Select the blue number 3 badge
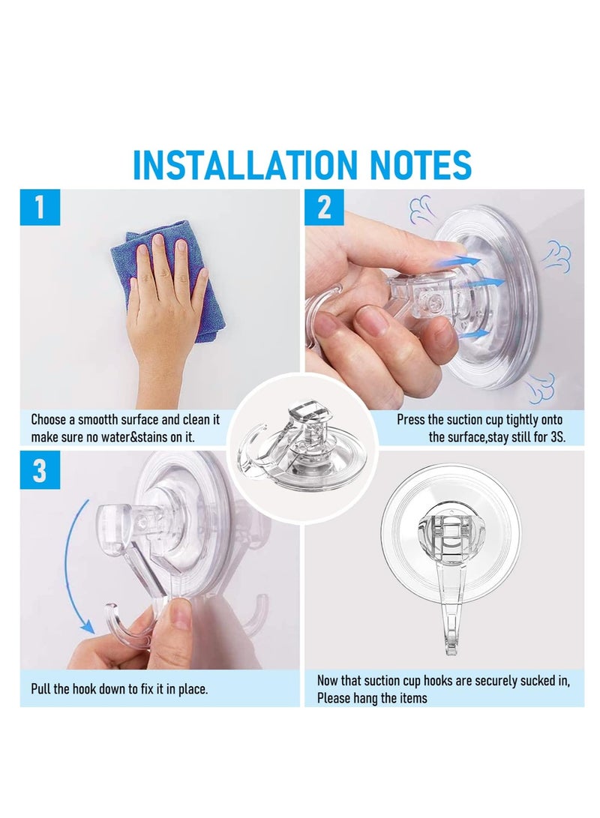(x=39, y=470)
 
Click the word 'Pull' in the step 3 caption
(x=41, y=688)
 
